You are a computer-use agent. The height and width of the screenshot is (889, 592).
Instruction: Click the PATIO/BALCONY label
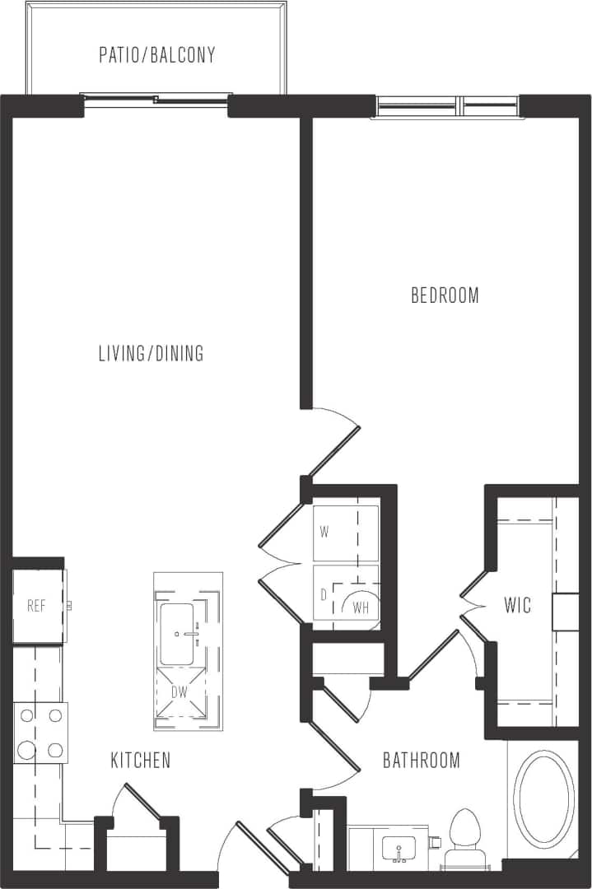157,55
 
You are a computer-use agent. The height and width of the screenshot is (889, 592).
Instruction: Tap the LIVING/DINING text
151,354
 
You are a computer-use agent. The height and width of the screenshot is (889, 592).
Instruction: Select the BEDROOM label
445,296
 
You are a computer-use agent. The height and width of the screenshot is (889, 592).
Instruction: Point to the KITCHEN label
141,760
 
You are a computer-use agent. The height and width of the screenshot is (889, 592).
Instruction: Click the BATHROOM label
422,760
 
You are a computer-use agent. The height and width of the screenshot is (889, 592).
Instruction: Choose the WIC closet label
518,607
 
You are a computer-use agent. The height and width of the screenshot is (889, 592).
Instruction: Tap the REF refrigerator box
37,607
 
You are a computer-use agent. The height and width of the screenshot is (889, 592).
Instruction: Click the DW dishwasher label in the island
179,692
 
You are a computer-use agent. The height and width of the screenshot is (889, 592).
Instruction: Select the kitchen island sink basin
177,634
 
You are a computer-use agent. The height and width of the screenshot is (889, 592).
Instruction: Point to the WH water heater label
361,608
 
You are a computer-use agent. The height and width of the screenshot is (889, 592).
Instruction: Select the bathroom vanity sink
400,848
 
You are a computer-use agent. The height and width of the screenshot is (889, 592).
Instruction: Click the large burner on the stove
27,749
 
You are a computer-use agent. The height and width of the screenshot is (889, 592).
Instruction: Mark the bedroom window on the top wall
448,106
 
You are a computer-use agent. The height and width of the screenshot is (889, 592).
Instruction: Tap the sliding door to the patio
156,100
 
